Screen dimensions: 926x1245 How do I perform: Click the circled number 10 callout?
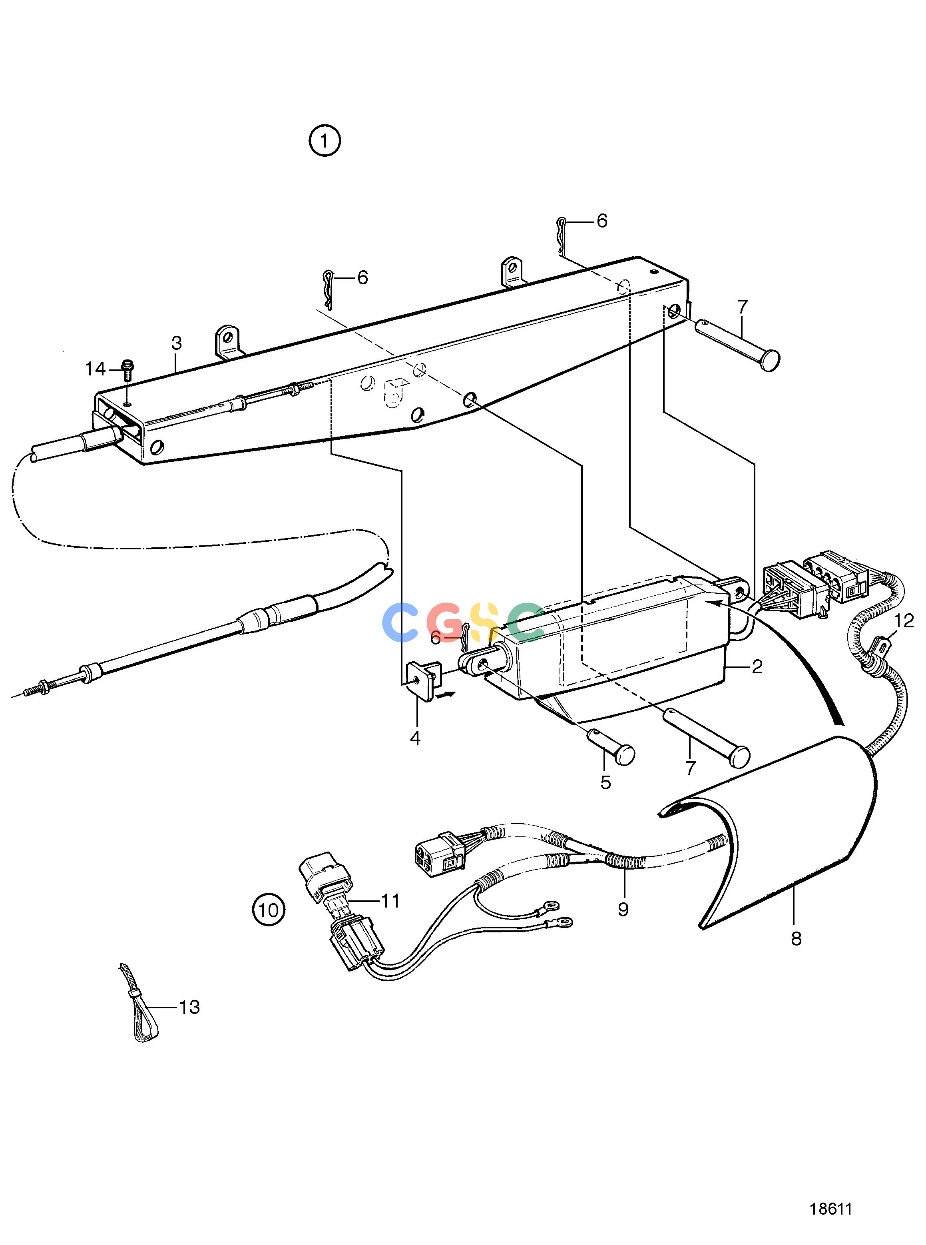point(269,909)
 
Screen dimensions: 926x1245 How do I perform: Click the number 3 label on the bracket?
point(177,343)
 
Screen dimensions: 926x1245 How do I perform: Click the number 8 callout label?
point(797,939)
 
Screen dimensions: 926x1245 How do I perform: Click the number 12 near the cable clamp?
point(904,621)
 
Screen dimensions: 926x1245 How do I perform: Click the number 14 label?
point(95,369)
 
